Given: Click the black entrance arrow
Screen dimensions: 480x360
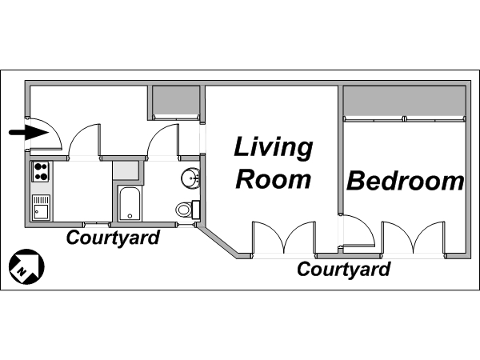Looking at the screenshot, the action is point(29,133).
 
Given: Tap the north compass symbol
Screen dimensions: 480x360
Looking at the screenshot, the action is point(26,266).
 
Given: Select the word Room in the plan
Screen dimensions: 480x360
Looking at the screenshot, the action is point(274,178).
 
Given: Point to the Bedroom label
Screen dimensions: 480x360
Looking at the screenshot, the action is point(405,181).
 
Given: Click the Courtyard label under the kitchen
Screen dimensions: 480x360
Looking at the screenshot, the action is point(113,238).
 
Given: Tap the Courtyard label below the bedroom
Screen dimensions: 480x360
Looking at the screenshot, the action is point(343,270).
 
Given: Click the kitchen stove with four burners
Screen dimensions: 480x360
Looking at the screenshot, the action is point(41,172).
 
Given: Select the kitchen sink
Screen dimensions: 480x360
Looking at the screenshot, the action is point(41,207).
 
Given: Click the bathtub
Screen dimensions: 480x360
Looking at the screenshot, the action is point(130,203).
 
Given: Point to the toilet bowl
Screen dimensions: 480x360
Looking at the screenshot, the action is point(183,210).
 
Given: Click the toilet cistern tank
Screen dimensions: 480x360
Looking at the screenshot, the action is point(196,210).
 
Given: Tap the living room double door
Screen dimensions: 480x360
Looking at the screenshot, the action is point(284,238).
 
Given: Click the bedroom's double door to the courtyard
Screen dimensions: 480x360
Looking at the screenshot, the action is point(414,238).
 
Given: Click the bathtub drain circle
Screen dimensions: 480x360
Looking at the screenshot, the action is point(130,216).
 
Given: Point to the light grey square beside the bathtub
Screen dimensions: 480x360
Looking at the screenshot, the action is point(126,170).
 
